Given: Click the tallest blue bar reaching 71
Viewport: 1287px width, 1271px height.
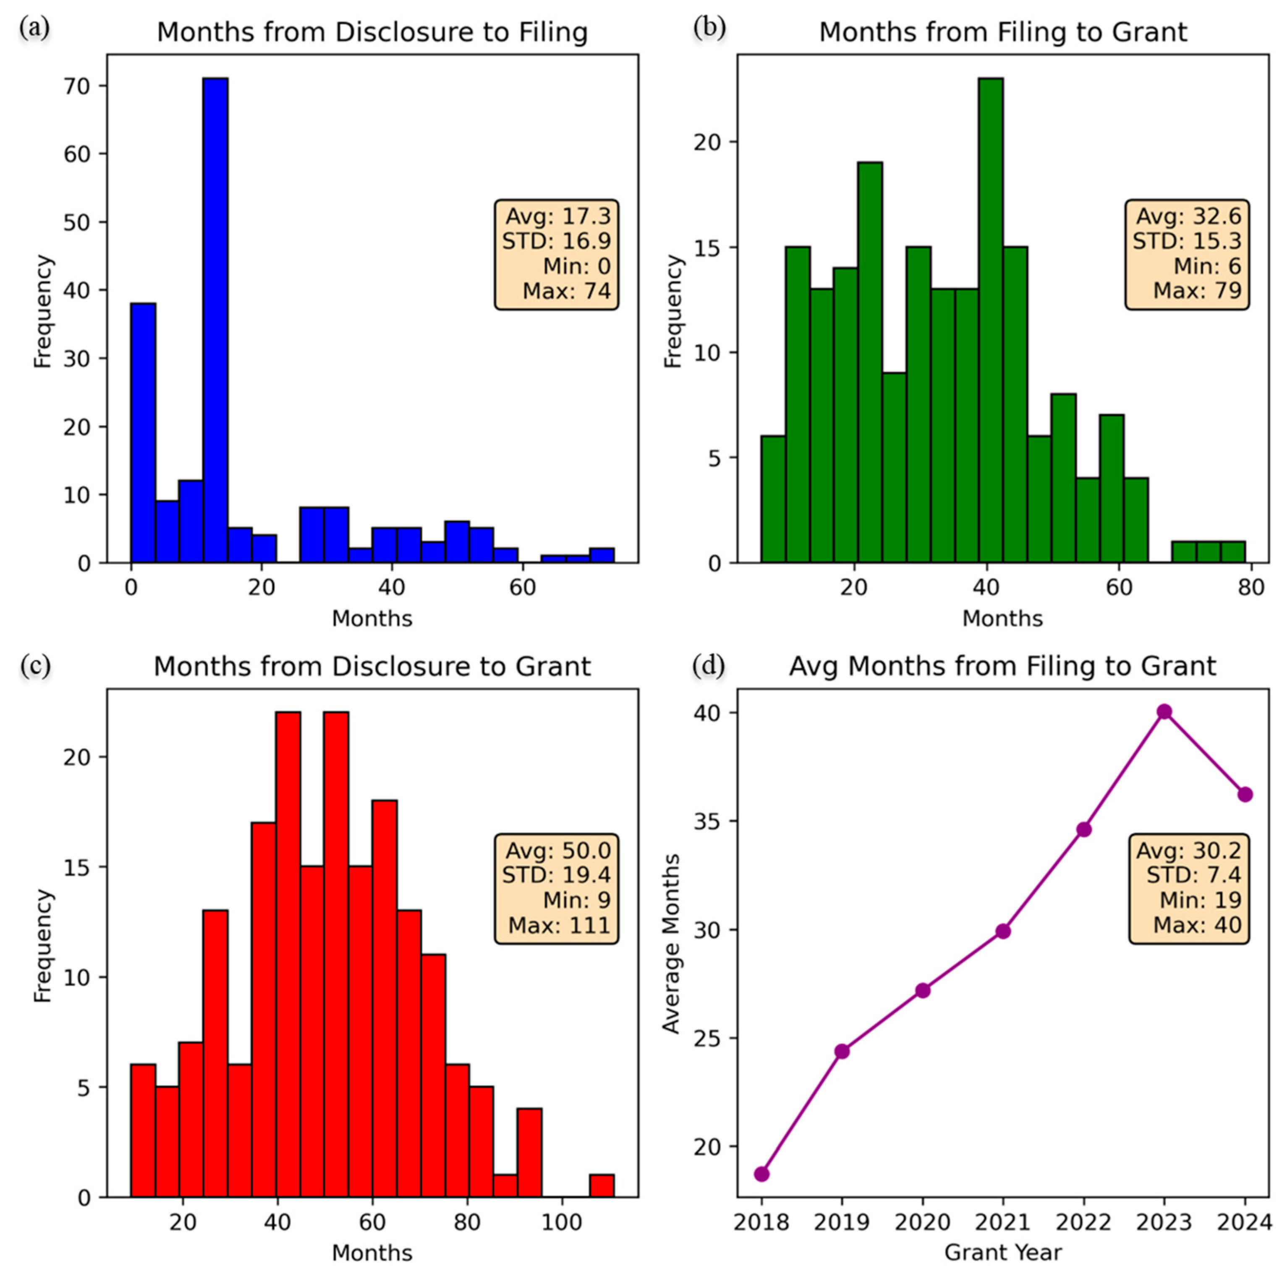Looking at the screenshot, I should click(215, 320).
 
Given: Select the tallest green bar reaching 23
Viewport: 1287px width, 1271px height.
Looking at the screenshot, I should click(991, 320).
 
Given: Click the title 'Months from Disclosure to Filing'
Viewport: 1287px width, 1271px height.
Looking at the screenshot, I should click(372, 32).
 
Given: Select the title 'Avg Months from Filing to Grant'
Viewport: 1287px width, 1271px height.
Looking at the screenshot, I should click(1002, 666).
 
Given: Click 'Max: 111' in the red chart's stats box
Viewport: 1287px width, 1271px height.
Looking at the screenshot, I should click(559, 925).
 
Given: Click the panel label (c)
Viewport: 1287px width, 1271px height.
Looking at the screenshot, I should click(35, 665).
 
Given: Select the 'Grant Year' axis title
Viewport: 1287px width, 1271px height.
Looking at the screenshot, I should click(1002, 1253).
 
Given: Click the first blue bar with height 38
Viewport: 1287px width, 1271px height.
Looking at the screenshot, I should click(143, 433).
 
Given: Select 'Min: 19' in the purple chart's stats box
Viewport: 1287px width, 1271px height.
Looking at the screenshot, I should click(1201, 900).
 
